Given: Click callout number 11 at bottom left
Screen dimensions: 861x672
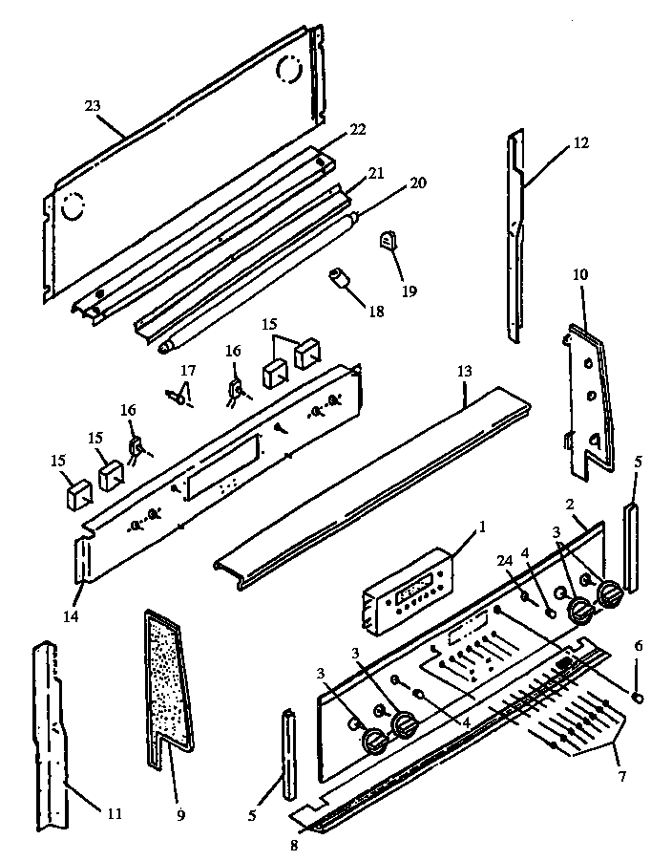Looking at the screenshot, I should pyautogui.click(x=114, y=814).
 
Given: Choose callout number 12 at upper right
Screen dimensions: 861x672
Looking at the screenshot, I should pyautogui.click(x=580, y=144).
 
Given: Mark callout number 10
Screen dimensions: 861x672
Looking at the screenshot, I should pyautogui.click(x=581, y=275).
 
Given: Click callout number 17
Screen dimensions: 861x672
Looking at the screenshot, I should pyautogui.click(x=188, y=370).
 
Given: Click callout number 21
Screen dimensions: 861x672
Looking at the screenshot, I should pyautogui.click(x=375, y=173).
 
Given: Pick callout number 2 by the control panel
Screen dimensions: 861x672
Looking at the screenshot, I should pyautogui.click(x=569, y=505).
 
